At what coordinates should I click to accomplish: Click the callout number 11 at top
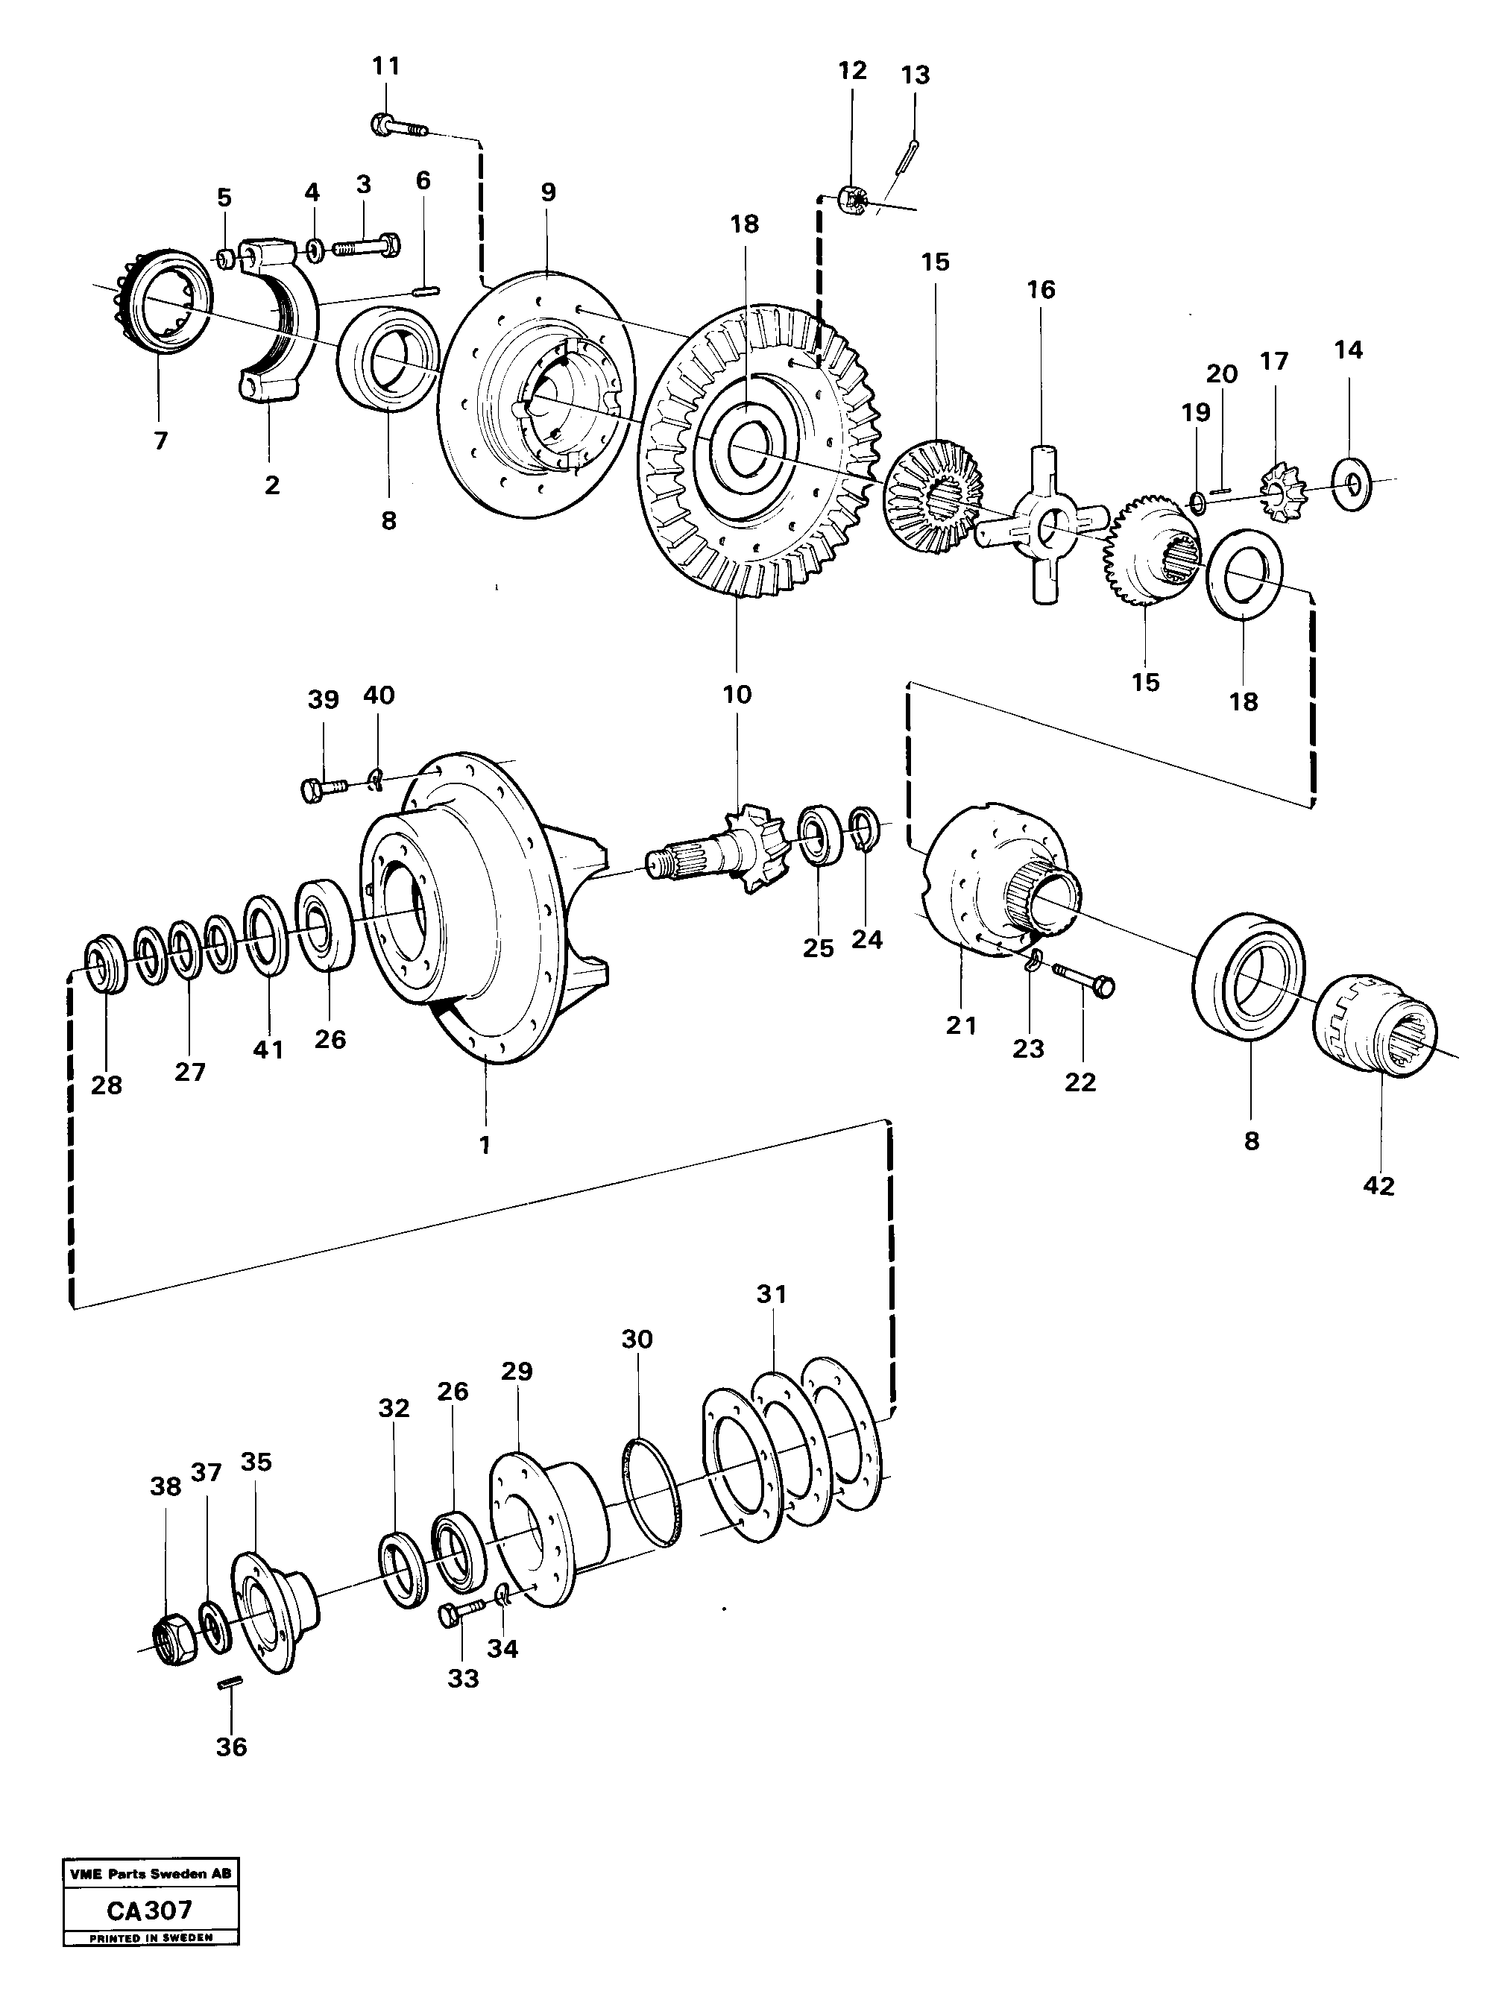[386, 66]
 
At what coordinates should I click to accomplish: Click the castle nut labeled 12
[853, 200]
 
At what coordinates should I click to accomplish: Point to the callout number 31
[772, 1295]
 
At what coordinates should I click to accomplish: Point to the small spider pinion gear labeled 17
[1276, 491]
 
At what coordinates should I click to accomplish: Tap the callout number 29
[517, 1372]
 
